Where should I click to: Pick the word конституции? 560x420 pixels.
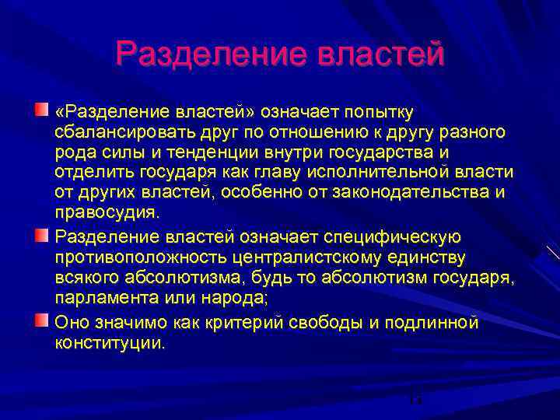(110, 343)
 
